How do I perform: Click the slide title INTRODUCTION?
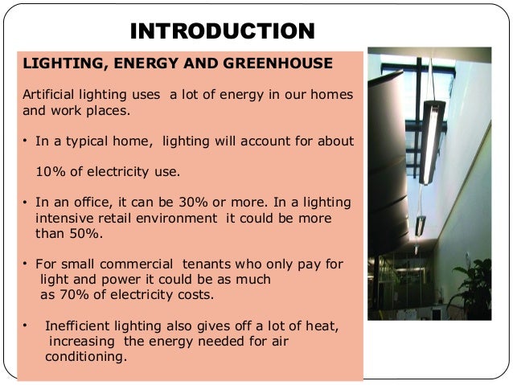pos(222,31)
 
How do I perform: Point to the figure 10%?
pos(52,172)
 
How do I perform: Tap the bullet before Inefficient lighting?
pos(26,325)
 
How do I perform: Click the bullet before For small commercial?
pos(26,264)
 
